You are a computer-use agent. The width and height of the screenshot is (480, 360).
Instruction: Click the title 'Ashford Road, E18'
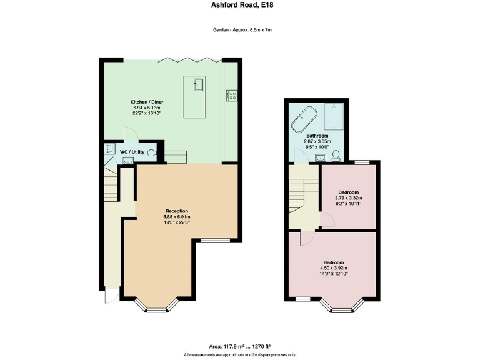pyautogui.click(x=239, y=5)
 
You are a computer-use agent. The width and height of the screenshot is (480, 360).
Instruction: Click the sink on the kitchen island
pyautogui.click(x=199, y=84)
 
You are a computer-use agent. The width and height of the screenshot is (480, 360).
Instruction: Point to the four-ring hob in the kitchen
pyautogui.click(x=231, y=96)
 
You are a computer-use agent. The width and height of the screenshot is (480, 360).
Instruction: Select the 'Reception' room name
pyautogui.click(x=177, y=211)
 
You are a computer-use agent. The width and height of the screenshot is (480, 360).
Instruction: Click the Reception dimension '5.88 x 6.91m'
pyautogui.click(x=177, y=216)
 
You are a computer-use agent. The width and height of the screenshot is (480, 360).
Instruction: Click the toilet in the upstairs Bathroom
pyautogui.click(x=336, y=155)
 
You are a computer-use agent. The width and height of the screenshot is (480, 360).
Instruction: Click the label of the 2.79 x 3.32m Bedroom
pyautogui.click(x=349, y=192)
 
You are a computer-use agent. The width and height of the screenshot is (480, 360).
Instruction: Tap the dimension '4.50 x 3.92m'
pyautogui.click(x=333, y=268)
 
